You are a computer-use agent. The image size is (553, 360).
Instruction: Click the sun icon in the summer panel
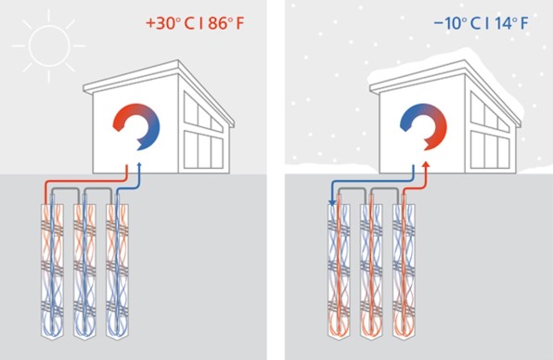[x=49, y=45]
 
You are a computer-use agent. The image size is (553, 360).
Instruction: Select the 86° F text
[x=225, y=23]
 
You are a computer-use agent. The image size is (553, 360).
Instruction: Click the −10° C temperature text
[x=457, y=23]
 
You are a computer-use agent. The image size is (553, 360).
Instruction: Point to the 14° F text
[x=511, y=23]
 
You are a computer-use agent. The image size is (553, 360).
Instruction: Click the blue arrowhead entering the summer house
[x=139, y=165]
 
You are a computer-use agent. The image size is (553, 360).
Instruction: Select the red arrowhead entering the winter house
[x=426, y=165]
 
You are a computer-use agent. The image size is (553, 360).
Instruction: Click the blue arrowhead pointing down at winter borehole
[x=332, y=202]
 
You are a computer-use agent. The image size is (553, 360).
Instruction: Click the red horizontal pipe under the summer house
[x=85, y=182]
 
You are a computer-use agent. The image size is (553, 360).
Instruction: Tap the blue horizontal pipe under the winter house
[x=372, y=182]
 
